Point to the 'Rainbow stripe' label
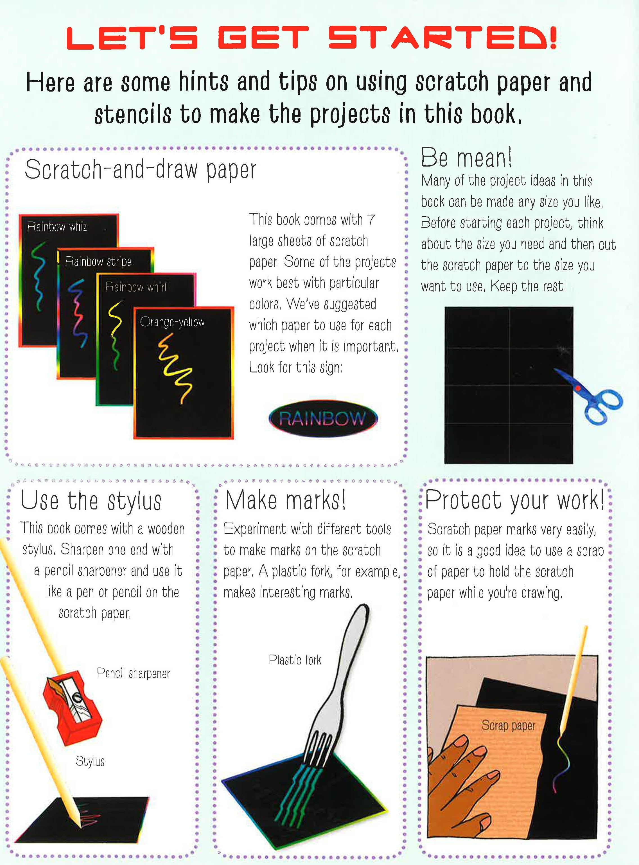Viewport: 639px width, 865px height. [x=98, y=262]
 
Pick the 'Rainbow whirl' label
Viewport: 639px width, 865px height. [x=136, y=287]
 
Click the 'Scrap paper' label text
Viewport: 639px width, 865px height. [x=508, y=725]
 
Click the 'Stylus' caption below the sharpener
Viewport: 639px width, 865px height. [x=90, y=761]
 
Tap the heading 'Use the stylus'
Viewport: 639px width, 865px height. [x=91, y=501]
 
